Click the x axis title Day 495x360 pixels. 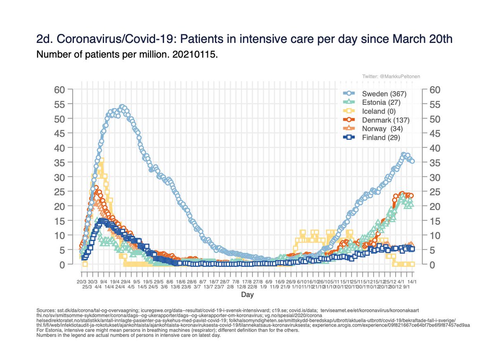[x=247, y=295]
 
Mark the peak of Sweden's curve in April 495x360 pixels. [x=122, y=107]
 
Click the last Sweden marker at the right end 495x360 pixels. [x=412, y=161]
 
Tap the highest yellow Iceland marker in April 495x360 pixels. [x=101, y=160]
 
